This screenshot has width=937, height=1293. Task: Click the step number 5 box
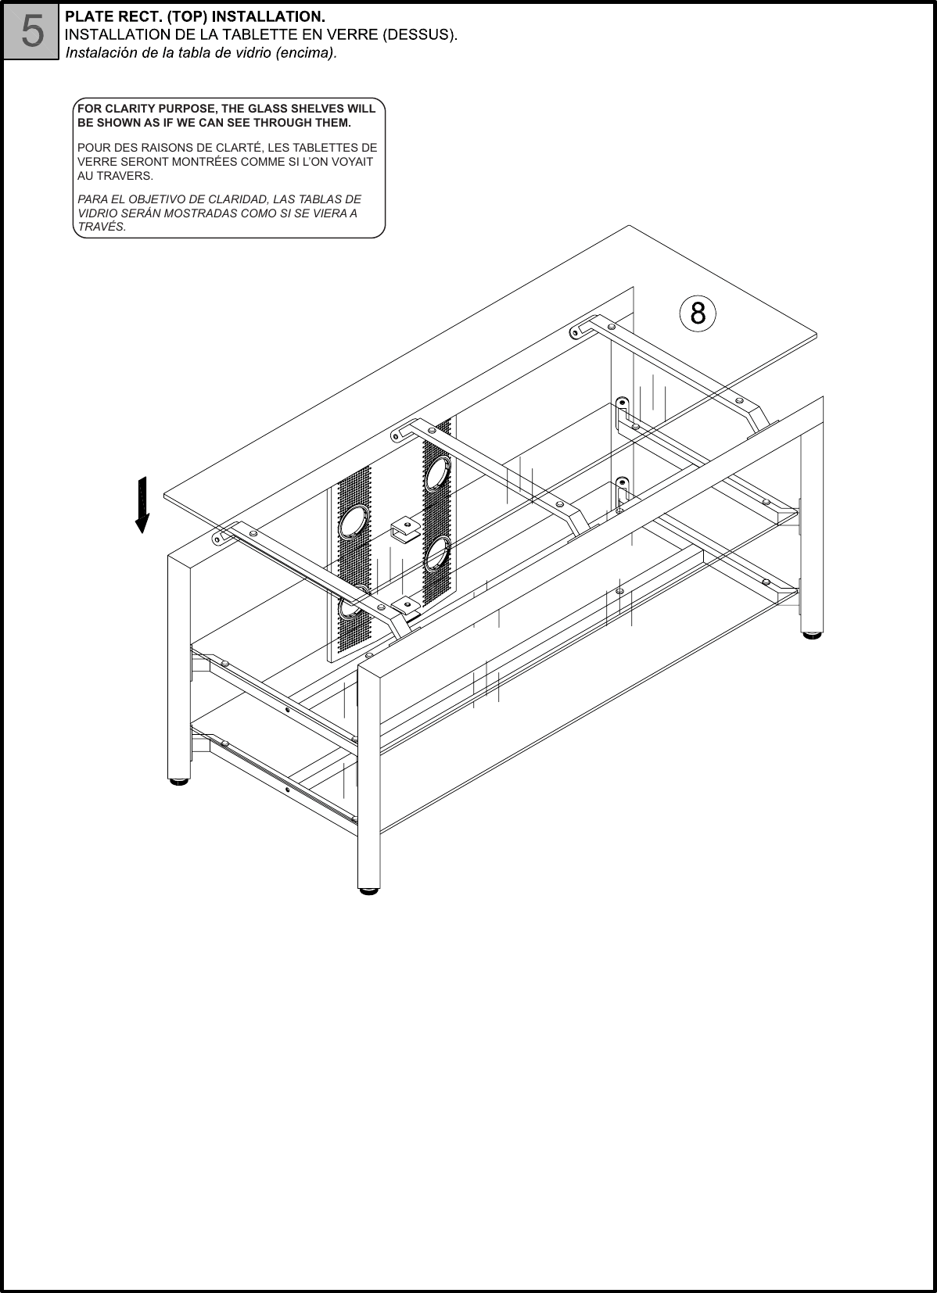31,31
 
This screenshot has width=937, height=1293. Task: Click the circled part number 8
698,313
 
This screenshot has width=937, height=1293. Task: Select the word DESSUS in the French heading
423,34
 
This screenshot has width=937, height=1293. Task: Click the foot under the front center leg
368,889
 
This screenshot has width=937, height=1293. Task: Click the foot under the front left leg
179,779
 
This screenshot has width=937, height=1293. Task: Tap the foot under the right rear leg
812,635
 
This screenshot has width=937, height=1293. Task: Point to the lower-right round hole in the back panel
436,553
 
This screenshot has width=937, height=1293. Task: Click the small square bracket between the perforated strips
404,528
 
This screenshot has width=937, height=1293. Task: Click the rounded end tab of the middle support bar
399,430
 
